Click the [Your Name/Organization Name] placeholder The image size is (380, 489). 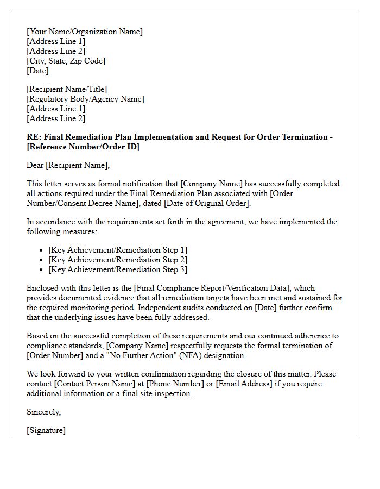[x=85, y=32]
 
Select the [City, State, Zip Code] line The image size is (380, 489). [x=66, y=61]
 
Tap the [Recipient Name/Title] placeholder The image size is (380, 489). [x=67, y=89]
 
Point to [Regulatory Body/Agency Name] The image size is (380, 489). [x=85, y=99]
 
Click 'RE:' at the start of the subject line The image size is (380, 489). [x=33, y=137]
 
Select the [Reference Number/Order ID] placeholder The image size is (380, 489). [x=83, y=147]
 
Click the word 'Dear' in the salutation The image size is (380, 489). [x=35, y=165]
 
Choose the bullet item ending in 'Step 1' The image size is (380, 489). [x=118, y=250]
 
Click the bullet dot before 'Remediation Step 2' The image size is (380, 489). [x=42, y=260]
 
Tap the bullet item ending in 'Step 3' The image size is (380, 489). [x=118, y=269]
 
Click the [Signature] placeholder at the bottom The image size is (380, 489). [x=46, y=430]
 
